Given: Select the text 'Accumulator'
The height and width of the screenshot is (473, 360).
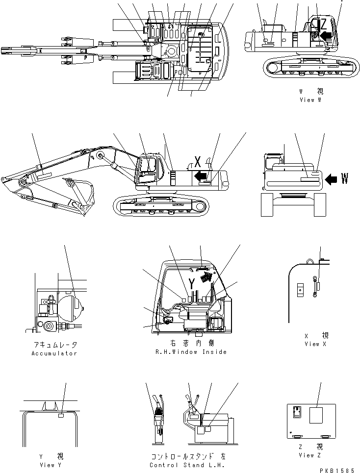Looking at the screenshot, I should (54, 353).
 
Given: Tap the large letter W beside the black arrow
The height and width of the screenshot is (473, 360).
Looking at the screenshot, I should (344, 179).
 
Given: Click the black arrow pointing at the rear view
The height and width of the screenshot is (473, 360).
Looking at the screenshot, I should (331, 180).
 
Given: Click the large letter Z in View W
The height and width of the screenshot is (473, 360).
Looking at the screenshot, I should (322, 25).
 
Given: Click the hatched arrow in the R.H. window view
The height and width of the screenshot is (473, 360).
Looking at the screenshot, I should (208, 277).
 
